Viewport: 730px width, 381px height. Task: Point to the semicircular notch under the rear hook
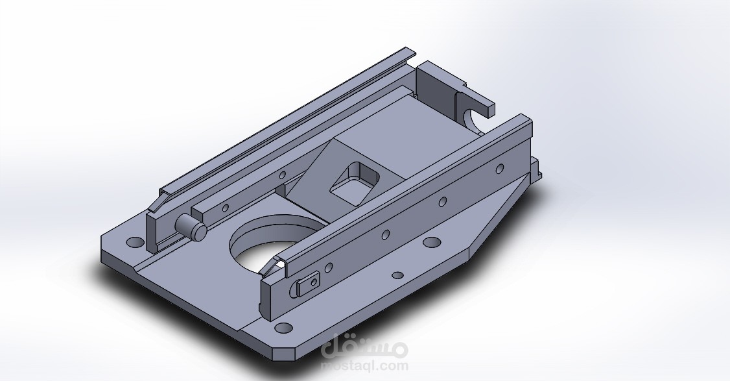[x=472, y=119]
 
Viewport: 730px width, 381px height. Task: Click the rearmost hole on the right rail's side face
[x=499, y=169]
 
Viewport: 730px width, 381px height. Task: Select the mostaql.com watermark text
[x=365, y=365]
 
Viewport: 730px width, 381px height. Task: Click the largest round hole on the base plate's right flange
[x=430, y=243]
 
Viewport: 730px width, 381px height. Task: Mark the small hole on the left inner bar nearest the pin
[x=226, y=208]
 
